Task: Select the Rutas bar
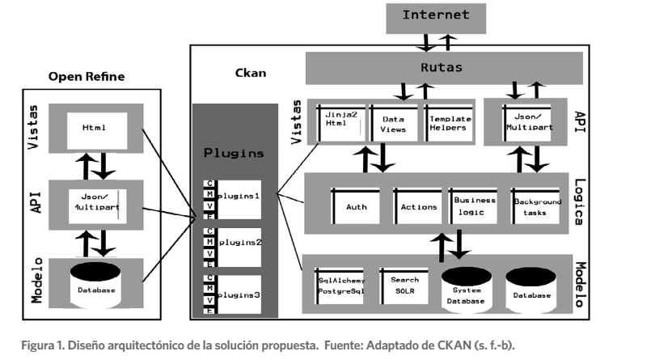point(444,68)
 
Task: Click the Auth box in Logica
point(356,207)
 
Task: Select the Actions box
point(419,207)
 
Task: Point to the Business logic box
point(475,206)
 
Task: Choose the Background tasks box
point(536,207)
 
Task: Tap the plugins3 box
point(239,295)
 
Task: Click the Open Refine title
point(87,78)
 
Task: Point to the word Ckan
point(250,74)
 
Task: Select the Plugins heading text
point(234,152)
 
